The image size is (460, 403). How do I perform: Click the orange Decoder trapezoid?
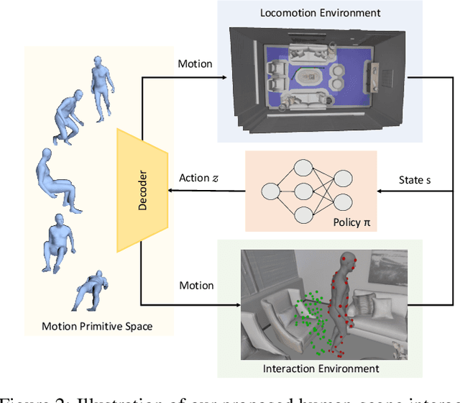pyautogui.click(x=142, y=192)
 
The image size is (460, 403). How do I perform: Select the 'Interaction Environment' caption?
pyautogui.click(x=336, y=368)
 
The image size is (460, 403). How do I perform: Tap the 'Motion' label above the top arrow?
pyautogui.click(x=195, y=63)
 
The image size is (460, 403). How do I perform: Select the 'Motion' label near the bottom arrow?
pyautogui.click(x=196, y=286)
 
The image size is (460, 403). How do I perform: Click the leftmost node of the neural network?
pyautogui.click(x=271, y=192)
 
